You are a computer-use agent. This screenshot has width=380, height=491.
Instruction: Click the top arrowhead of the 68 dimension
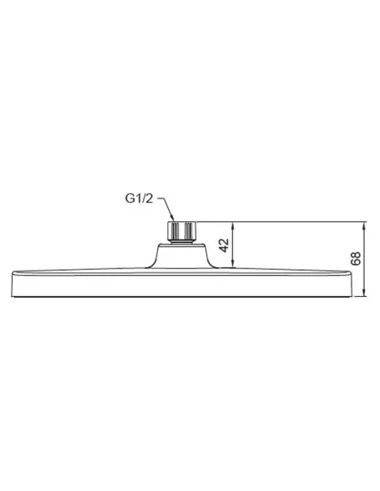click(364, 224)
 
